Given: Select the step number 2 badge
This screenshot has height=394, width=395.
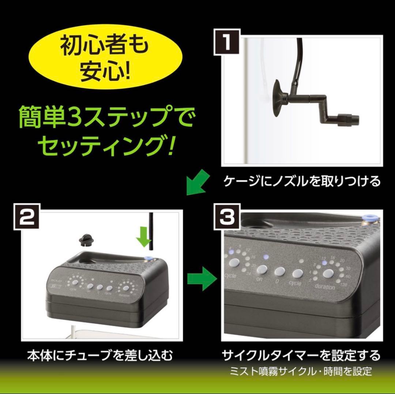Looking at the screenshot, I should pos(27,219).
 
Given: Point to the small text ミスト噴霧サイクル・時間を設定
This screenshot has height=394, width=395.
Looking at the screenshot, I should pos(301,371).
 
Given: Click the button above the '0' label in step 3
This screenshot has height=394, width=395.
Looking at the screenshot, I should pos(279,271).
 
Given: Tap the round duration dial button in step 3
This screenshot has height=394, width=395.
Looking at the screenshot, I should pos(328,273).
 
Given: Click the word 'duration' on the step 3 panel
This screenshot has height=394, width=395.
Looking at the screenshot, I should pos(325,287).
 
